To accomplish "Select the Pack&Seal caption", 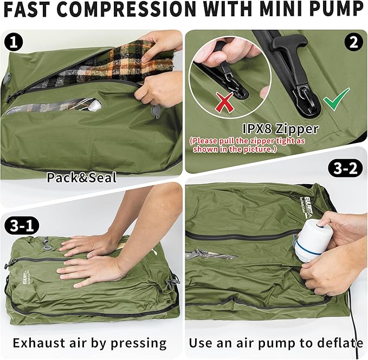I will (x=81, y=177).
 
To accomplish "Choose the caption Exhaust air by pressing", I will (x=90, y=343).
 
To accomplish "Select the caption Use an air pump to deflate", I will (x=276, y=343).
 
